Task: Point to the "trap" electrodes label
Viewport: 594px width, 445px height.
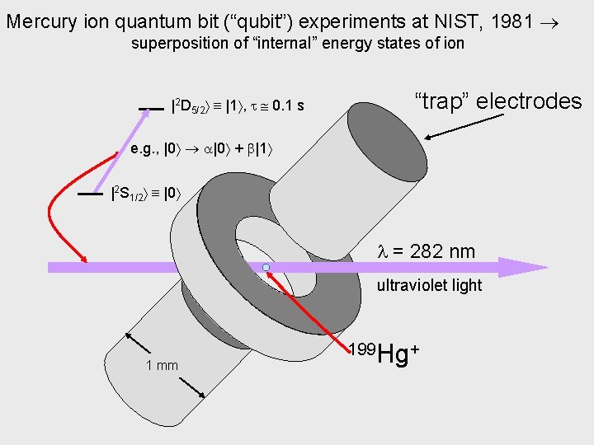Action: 498,101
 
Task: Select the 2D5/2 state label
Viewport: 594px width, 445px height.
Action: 191,105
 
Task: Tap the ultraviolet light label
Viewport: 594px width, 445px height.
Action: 429,286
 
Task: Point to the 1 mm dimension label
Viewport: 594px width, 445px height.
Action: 162,365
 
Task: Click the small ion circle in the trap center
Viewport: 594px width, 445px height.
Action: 266,268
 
